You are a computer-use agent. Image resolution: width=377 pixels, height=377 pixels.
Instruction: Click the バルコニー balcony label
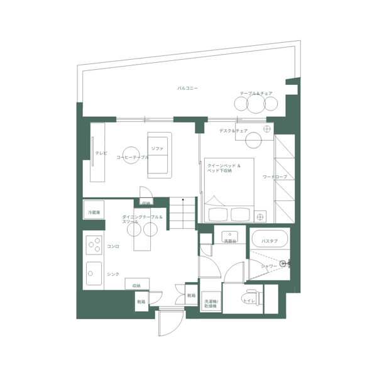188,89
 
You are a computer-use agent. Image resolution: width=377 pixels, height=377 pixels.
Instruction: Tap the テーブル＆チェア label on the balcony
256,93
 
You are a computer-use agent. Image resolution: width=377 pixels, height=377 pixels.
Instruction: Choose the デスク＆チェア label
233,131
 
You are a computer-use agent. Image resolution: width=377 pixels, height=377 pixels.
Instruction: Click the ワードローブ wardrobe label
275,177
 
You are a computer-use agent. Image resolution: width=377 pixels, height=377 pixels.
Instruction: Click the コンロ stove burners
94,243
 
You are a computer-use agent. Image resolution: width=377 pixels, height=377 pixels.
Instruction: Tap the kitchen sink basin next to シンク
94,273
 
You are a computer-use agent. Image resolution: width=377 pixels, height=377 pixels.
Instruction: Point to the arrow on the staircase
183,204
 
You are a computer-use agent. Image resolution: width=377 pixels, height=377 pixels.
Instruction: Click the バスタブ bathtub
270,240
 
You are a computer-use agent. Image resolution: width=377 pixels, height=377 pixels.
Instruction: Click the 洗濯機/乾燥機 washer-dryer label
210,302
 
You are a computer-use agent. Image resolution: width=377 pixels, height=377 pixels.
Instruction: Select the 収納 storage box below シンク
136,285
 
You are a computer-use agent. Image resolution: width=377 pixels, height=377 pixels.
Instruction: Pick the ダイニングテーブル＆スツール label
142,219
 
